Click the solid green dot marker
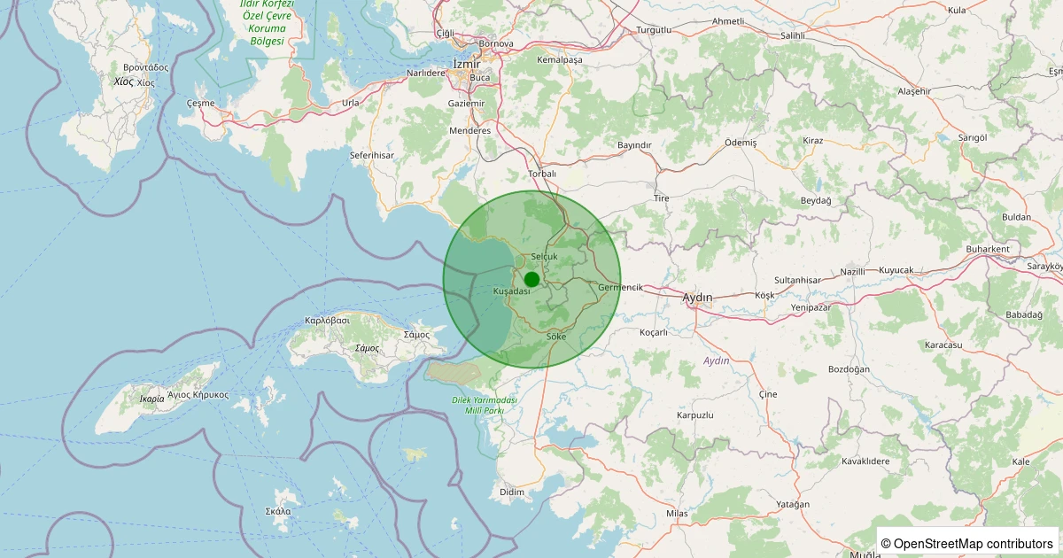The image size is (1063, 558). tap(531, 279)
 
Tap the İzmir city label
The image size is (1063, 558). tap(466, 64)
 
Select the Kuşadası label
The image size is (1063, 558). tap(511, 291)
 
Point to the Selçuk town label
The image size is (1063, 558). tap(544, 257)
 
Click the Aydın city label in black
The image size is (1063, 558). tap(698, 298)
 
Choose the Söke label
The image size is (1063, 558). tap(556, 337)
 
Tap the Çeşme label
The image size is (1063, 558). tap(201, 103)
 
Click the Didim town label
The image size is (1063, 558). tap(512, 492)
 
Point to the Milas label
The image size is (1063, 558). tap(677, 514)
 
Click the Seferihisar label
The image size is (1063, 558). tap(372, 155)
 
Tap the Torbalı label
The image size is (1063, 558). tap(541, 174)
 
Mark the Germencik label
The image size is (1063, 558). tap(620, 287)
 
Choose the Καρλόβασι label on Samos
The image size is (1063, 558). tap(328, 320)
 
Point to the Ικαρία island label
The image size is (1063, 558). tap(151, 399)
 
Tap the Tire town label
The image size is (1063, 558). tap(661, 198)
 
